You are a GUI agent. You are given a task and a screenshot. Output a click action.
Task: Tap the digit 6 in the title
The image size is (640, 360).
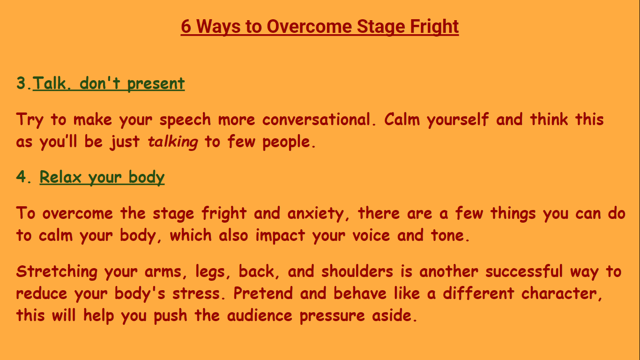click(186, 27)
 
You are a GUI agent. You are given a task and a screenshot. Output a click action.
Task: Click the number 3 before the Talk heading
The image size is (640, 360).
click(21, 83)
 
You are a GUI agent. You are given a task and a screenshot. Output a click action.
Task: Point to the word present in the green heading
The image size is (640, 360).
click(156, 84)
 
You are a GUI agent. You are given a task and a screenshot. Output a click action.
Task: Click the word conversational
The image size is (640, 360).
click(316, 119)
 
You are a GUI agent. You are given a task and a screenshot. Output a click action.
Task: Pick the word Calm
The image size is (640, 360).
click(402, 119)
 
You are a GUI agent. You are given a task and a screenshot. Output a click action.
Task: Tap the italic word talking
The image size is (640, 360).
click(172, 142)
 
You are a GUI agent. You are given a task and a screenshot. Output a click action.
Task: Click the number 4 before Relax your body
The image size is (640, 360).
click(21, 176)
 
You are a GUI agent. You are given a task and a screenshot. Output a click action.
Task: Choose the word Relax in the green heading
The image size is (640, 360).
click(60, 177)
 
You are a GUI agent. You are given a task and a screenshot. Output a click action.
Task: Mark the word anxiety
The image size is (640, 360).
click(315, 214)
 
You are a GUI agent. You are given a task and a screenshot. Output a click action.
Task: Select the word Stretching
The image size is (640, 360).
click(57, 272)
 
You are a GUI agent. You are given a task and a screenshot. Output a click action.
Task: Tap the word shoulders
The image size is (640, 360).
click(357, 271)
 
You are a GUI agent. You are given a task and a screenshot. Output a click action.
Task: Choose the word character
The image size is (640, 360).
click(559, 293)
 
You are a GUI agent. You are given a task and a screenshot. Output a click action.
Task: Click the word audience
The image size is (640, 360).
click(260, 315)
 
